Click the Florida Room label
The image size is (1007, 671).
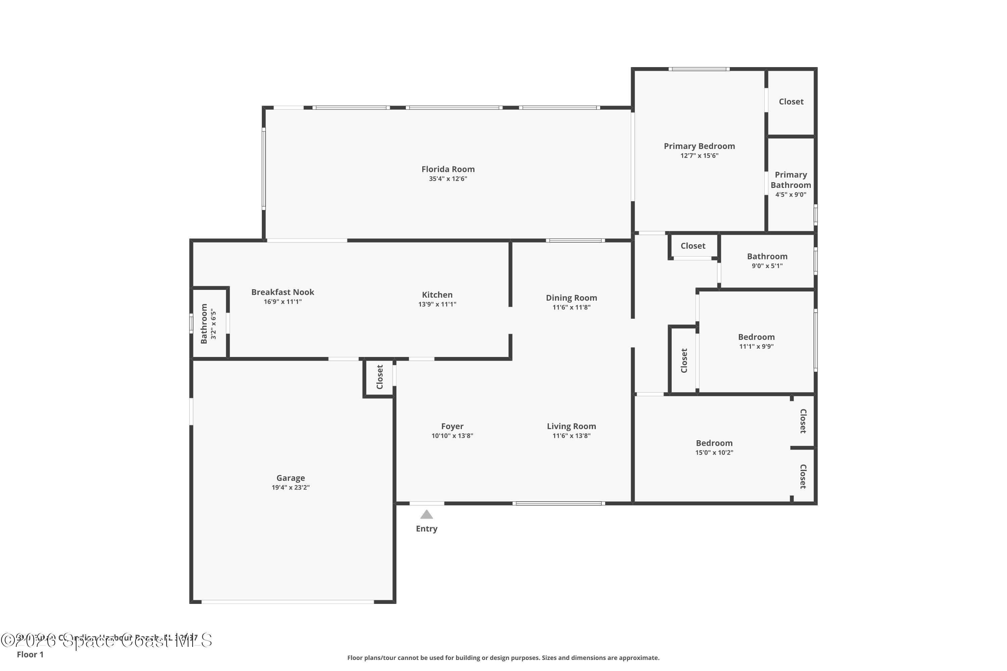click(448, 169)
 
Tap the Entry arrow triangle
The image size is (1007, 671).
click(426, 514)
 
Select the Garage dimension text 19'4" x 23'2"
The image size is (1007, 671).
click(290, 487)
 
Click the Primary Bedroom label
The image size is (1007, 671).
click(699, 146)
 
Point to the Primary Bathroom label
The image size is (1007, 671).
click(790, 180)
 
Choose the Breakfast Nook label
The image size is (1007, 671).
click(283, 292)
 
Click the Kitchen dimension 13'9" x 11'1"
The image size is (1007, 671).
click(437, 304)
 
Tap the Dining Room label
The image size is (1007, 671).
click(571, 298)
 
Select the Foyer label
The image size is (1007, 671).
click(452, 426)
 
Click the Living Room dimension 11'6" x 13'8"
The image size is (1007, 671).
click(571, 435)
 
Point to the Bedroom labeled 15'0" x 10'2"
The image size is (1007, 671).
click(714, 443)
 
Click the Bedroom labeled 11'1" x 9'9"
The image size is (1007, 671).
click(756, 337)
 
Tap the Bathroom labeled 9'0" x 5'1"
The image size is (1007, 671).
click(767, 256)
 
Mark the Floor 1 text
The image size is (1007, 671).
click(30, 654)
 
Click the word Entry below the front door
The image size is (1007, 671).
click(426, 528)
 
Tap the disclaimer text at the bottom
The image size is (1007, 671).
click(503, 658)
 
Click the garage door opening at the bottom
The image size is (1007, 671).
click(288, 602)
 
